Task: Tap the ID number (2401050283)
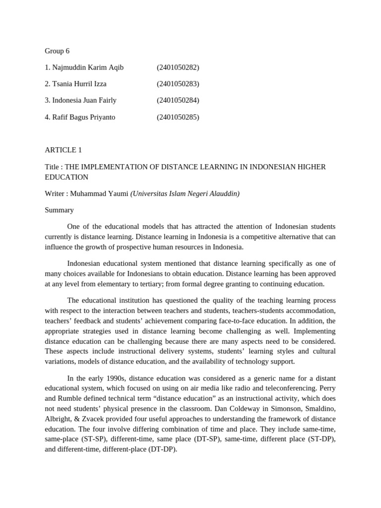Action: coord(178,84)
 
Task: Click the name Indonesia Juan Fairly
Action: coord(84,100)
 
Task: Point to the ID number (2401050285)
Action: coord(178,117)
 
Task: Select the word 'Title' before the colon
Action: coord(52,167)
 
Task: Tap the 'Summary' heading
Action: coord(59,210)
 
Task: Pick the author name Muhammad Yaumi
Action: coord(99,193)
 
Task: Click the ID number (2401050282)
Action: coord(178,67)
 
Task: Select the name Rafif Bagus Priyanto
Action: coord(83,117)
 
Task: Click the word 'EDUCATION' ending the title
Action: coord(66,177)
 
